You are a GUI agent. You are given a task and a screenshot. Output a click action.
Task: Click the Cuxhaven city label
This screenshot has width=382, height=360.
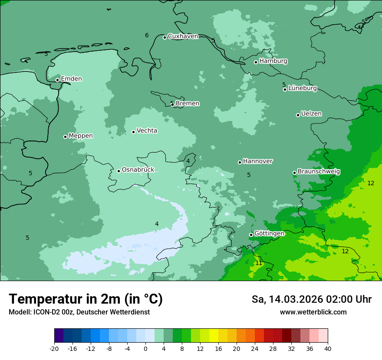(x=183, y=36)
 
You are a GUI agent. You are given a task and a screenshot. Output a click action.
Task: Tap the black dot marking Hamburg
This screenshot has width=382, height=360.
(x=256, y=62)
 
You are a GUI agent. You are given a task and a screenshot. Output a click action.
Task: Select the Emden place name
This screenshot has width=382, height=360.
(x=71, y=79)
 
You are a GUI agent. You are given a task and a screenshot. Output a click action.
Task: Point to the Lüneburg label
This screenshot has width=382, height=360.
(x=303, y=88)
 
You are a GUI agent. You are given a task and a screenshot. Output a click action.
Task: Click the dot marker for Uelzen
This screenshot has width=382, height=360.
(x=298, y=115)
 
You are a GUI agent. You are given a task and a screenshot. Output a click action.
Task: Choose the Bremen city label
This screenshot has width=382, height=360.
(x=188, y=104)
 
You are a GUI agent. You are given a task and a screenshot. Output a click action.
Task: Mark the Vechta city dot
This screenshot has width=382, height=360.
(x=134, y=132)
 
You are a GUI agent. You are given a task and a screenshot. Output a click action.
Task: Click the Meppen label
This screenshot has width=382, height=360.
(x=81, y=136)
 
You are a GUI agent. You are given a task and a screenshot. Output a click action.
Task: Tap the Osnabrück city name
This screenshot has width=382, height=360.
(x=138, y=170)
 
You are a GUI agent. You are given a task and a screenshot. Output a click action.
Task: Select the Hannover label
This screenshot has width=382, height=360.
(x=258, y=161)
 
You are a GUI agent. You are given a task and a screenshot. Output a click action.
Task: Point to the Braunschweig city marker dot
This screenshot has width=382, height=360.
(x=294, y=173)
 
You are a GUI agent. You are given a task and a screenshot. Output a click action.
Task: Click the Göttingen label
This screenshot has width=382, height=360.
(x=269, y=234)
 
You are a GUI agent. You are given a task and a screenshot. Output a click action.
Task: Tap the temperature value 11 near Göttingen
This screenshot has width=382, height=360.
(x=259, y=263)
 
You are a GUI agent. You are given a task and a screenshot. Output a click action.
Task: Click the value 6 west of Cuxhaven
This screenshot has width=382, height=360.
(x=147, y=36)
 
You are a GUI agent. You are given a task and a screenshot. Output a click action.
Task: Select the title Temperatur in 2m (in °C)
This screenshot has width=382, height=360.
(x=86, y=299)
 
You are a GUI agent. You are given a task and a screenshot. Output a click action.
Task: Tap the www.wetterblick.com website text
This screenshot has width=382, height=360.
(x=313, y=312)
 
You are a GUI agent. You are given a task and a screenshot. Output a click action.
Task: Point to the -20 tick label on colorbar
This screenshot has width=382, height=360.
(x=54, y=349)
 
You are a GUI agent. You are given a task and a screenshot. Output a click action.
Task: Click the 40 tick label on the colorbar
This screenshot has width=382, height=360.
(x=328, y=349)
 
